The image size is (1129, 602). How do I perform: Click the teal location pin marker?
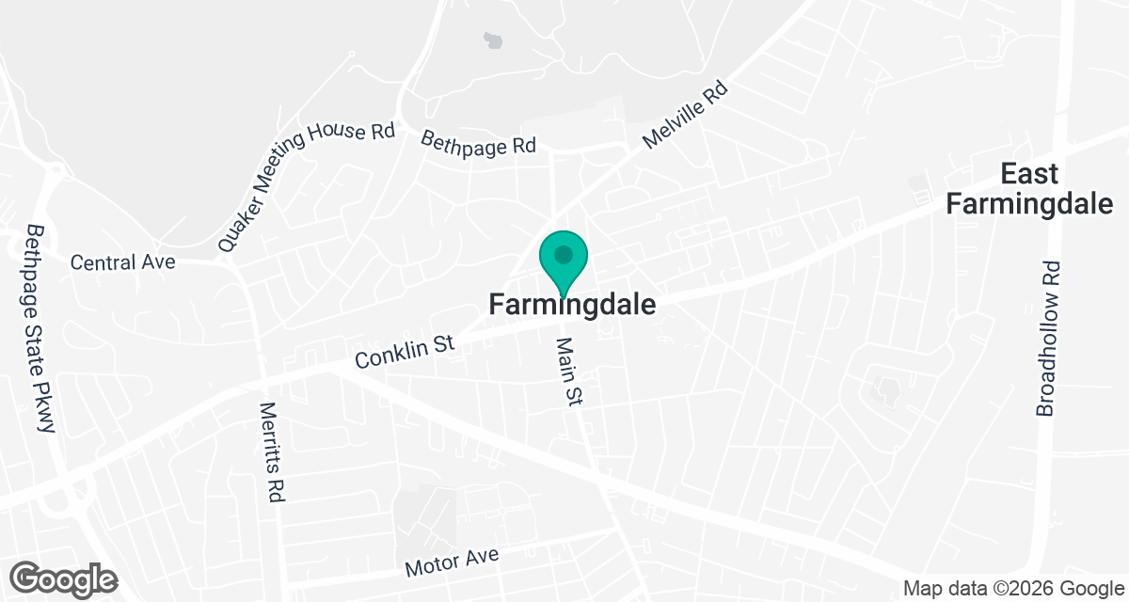(x=564, y=262)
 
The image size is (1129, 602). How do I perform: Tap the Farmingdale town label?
(x=572, y=305)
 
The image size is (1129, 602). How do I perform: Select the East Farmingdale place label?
(x=1029, y=188)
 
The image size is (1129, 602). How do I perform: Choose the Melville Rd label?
(x=686, y=114)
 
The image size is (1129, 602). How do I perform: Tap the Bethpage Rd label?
(x=478, y=142)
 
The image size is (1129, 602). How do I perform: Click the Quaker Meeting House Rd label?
(x=306, y=186)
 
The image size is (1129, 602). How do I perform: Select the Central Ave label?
(x=123, y=262)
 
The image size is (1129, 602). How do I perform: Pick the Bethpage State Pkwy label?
(x=40, y=329)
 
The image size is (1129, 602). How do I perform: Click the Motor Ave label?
(x=452, y=562)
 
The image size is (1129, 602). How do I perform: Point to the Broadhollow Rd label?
(x=1047, y=339)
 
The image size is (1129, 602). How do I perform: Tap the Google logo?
(x=64, y=578)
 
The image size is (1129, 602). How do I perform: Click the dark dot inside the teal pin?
(x=564, y=255)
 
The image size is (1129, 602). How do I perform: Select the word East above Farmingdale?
(x=1029, y=174)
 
